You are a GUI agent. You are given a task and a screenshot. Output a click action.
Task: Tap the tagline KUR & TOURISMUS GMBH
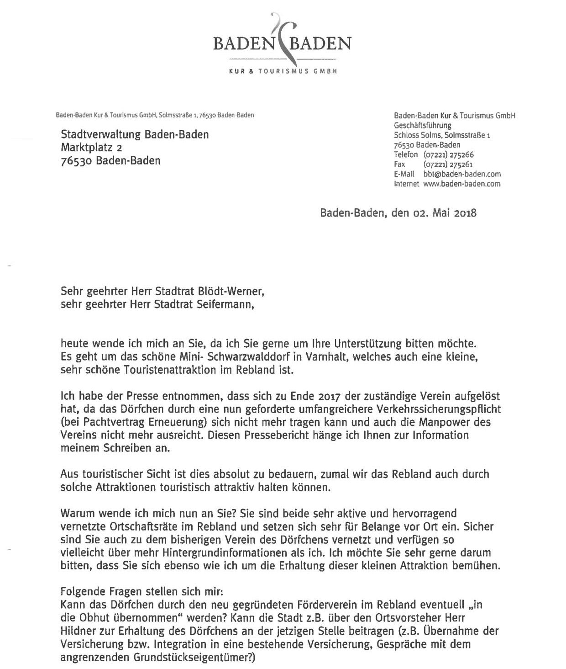click(283, 72)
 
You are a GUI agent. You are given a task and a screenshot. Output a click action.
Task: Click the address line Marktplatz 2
click(91, 148)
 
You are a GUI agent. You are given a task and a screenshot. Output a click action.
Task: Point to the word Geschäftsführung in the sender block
click(422, 126)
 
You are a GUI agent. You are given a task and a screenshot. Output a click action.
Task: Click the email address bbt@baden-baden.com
click(462, 174)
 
